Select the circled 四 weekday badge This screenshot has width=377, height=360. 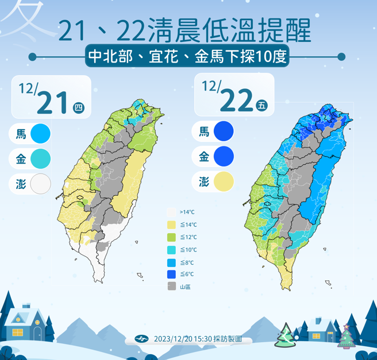[x=79, y=107]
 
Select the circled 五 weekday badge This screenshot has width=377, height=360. [x=262, y=105]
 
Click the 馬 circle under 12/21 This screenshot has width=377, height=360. [x=41, y=134]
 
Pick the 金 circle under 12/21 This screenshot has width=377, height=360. [x=41, y=158]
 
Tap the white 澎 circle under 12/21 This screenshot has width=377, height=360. [x=41, y=184]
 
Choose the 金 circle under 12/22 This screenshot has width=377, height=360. [x=224, y=156]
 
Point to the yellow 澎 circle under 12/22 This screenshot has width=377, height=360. [x=224, y=181]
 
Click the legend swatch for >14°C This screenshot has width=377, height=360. [x=171, y=212]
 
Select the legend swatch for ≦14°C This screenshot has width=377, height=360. [x=171, y=224]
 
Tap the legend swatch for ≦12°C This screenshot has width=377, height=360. [x=171, y=237]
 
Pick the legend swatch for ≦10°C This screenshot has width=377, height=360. [x=171, y=250]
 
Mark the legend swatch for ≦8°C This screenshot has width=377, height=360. [x=171, y=262]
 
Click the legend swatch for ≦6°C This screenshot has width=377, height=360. [x=171, y=274]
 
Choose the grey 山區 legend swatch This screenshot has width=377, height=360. [x=171, y=287]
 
